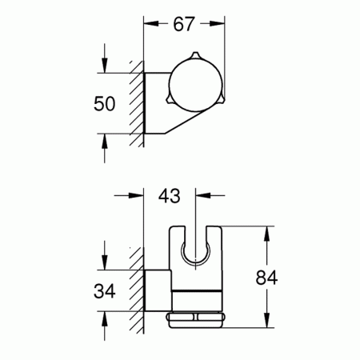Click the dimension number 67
tap(184, 25)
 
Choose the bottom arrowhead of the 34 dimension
tap(106, 315)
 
